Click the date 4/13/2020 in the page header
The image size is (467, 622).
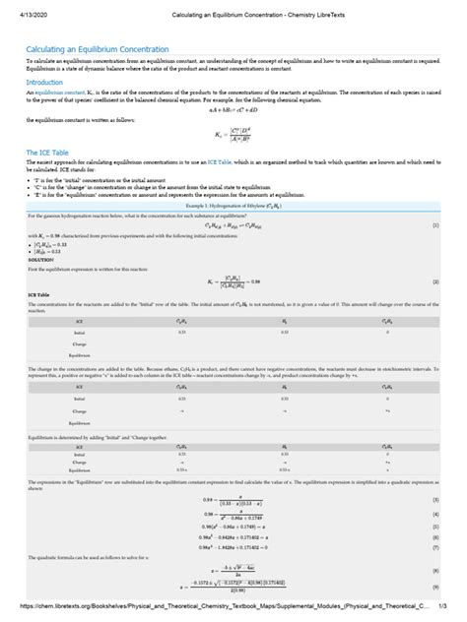point(22,10)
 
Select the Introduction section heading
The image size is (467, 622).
point(45,83)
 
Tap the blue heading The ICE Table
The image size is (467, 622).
point(49,153)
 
